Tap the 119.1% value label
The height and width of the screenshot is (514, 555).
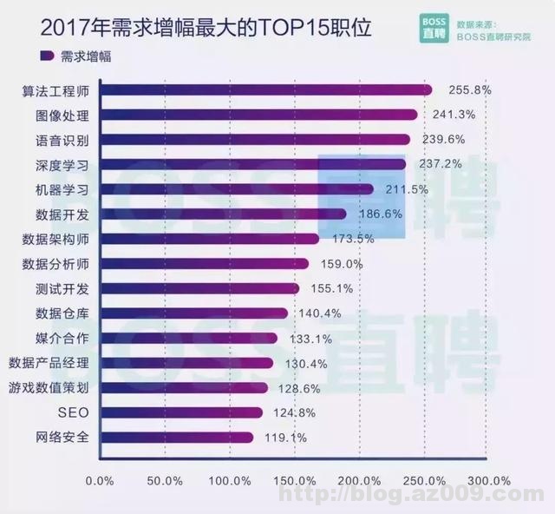pyautogui.click(x=287, y=438)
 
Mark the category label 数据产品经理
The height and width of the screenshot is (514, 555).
pyautogui.click(x=48, y=363)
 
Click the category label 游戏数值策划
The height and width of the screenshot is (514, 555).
pyautogui.click(x=48, y=388)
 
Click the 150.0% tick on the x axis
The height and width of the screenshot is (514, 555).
pyautogui.click(x=295, y=480)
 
